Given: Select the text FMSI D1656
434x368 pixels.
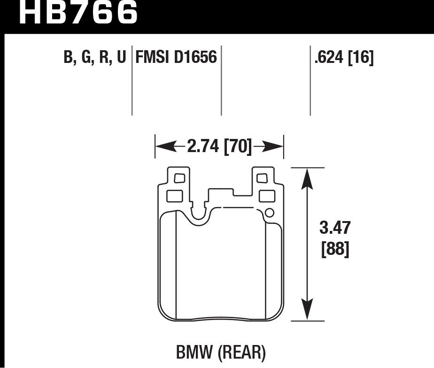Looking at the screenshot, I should tap(176, 58).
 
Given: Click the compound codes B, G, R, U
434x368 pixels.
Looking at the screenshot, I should tap(95, 58).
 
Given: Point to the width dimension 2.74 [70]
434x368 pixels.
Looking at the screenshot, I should tap(219, 146).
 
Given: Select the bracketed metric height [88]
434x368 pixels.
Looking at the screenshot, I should tap(335, 249).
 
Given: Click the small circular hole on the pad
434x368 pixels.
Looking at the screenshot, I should tap(269, 214).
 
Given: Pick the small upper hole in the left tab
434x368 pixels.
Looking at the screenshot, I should tap(179, 178).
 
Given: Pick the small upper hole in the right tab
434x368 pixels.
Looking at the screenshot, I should tap(262, 178).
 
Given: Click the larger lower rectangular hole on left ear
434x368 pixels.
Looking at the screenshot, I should tap(174, 195).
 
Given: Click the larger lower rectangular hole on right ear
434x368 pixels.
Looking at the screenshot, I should tap(266, 195).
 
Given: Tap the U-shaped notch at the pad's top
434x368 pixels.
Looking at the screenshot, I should tap(201, 214).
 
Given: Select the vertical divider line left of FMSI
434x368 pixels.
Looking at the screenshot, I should tap(132, 80).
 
